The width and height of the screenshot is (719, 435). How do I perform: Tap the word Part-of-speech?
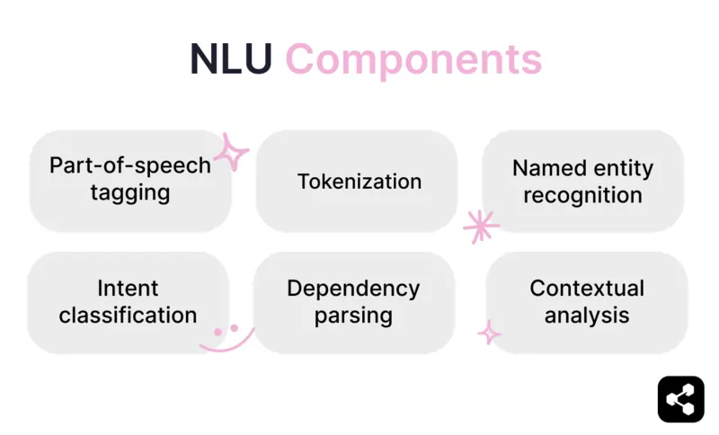tap(130, 165)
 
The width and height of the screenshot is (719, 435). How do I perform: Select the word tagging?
tap(130, 193)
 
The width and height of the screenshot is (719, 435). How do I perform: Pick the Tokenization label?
tap(359, 182)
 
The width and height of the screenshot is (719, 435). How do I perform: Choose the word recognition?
tap(582, 195)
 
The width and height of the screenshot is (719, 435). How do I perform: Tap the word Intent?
tap(128, 289)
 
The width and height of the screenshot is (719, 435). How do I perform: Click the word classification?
tap(128, 315)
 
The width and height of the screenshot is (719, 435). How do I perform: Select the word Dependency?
tap(353, 289)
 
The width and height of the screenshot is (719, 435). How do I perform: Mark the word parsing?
tap(353, 316)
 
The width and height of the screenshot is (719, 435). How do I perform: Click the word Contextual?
tap(587, 289)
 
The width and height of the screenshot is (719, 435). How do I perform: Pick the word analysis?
tap(587, 315)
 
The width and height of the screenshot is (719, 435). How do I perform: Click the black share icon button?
tap(680, 398)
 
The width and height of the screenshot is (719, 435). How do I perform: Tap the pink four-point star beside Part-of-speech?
tap(231, 153)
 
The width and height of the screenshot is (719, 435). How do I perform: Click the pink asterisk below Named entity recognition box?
tap(480, 226)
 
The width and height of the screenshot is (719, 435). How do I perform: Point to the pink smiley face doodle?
tap(225, 336)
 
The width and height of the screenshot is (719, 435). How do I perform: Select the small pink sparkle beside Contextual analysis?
tap(489, 333)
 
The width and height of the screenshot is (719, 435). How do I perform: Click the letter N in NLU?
tap(204, 59)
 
